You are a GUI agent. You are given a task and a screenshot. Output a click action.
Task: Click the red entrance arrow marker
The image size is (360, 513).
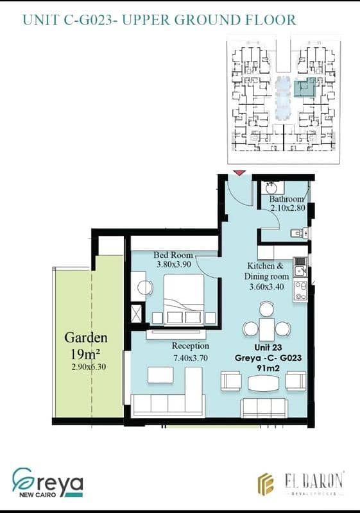click(240, 173)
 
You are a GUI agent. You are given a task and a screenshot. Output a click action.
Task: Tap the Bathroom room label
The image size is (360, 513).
click(287, 199)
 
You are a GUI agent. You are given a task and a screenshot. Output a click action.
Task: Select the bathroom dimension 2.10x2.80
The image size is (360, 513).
click(287, 208)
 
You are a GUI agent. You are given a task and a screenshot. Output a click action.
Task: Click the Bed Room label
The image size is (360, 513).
click(173, 255)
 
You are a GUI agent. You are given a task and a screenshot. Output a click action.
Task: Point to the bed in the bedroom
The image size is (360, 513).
click(184, 299)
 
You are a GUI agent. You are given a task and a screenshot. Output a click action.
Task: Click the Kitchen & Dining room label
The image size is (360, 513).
click(266, 271)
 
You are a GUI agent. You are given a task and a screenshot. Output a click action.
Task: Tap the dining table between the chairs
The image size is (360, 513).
click(267, 329)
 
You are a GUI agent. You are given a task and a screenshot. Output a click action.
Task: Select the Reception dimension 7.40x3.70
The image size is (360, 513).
click(191, 358)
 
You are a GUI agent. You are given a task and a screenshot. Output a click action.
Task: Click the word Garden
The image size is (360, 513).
click(86, 338)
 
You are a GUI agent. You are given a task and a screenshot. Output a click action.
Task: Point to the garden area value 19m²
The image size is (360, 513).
click(85, 354)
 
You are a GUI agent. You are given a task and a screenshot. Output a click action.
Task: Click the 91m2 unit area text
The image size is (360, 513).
click(268, 368)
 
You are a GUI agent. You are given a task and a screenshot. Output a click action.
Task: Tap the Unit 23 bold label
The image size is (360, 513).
click(268, 348)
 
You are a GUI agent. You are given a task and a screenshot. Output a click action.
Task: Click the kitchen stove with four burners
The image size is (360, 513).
click(300, 291)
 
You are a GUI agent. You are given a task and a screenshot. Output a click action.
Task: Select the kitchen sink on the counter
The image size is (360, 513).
click(300, 270)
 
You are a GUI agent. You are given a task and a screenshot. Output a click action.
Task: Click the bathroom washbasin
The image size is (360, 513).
click(271, 188)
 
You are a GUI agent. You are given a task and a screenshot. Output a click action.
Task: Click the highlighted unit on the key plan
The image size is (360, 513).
click(305, 87)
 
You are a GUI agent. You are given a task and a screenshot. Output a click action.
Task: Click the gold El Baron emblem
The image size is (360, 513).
click(266, 484)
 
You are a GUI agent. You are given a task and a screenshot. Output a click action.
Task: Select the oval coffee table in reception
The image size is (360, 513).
click(264, 383)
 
